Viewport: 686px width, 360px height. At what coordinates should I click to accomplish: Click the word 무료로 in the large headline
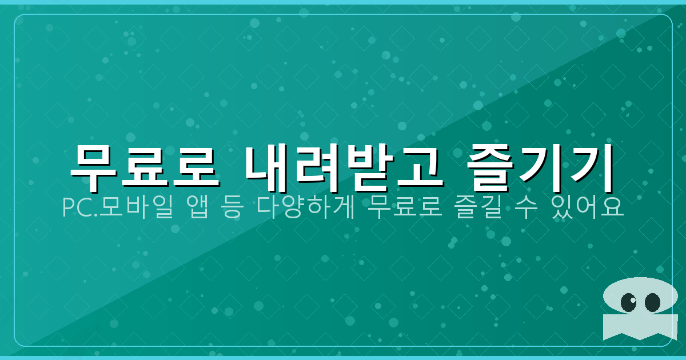click(144, 167)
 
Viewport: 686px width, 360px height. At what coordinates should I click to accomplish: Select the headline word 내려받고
click(344, 167)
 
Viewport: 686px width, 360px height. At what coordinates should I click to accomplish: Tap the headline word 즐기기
click(539, 167)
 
